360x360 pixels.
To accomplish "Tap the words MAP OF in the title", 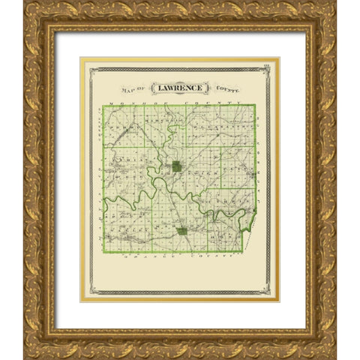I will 136,88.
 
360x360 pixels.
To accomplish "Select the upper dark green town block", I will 175,166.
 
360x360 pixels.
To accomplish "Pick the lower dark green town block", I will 182,231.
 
